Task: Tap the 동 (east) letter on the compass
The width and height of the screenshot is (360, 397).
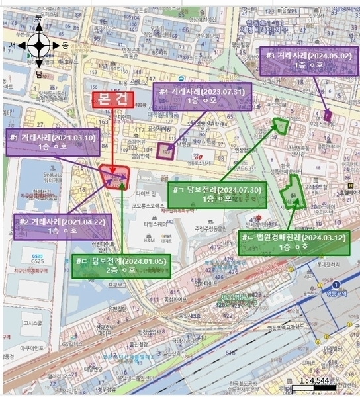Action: (65, 45)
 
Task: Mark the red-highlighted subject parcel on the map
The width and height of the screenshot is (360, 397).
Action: (115, 177)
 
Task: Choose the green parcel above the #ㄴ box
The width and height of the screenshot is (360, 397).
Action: (291, 195)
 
